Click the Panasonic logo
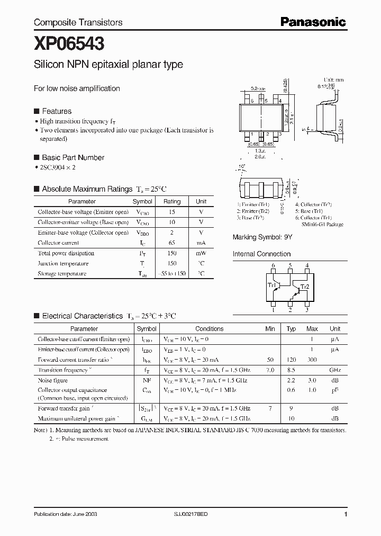pyautogui.click(x=313, y=22)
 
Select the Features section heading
pyautogui.click(x=56, y=111)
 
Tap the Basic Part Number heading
pyautogui.click(x=73, y=157)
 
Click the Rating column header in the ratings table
pyautogui.click(x=172, y=201)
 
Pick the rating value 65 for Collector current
pyautogui.click(x=172, y=243)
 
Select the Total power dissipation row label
pyautogui.click(x=66, y=253)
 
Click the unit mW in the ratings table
pyautogui.click(x=201, y=253)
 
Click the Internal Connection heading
pyautogui.click(x=262, y=254)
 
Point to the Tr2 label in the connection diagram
pyautogui.click(x=304, y=287)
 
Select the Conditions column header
pyautogui.click(x=210, y=328)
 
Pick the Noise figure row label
pyautogui.click(x=52, y=380)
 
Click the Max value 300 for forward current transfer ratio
pyautogui.click(x=312, y=360)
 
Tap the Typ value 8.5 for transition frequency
pyautogui.click(x=291, y=370)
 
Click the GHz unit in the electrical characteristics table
pyautogui.click(x=335, y=370)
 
